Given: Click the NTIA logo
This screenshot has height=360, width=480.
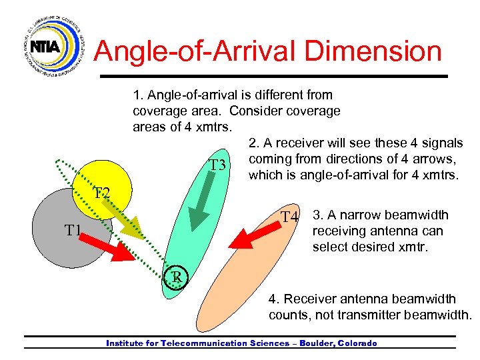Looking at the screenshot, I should (45, 46).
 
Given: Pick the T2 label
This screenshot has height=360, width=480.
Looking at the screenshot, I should (101, 193).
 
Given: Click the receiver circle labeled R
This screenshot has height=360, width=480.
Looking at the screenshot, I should (177, 277).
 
